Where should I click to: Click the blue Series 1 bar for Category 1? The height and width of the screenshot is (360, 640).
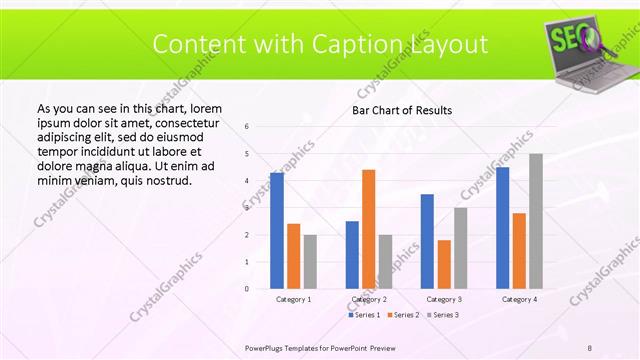pos(277,230)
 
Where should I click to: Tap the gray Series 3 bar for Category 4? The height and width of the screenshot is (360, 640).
pos(536,221)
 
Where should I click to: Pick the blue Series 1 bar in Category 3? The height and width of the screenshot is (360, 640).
pos(427,241)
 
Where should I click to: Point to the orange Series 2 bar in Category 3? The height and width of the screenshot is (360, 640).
pos(444,264)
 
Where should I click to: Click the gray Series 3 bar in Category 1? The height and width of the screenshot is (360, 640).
pos(310,261)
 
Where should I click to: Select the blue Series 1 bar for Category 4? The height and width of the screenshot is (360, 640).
pos(502,227)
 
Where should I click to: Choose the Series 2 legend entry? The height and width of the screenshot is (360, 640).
pos(402,315)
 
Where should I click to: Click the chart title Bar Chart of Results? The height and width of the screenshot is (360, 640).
pos(402,110)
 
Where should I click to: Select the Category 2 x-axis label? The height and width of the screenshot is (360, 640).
pos(368,299)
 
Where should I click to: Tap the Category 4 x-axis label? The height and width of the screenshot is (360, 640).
pos(519,299)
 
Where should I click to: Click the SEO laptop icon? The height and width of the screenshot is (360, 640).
pos(584,51)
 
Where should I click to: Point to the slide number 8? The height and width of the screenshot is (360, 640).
pos(590,346)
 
